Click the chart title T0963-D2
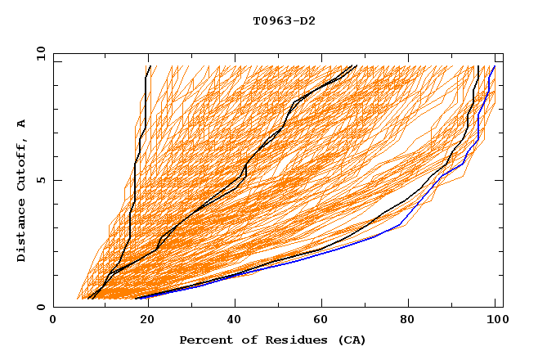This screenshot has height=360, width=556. (x=284, y=20)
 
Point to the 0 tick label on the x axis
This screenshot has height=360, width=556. (x=54, y=320)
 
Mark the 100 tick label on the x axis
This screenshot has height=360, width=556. (x=495, y=320)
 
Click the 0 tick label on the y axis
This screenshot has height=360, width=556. (x=41, y=308)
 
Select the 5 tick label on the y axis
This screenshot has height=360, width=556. (x=41, y=180)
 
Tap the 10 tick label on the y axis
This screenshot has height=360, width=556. (x=38, y=52)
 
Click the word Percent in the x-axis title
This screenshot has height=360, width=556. (x=203, y=340)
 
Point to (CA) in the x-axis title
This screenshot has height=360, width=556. (x=352, y=340)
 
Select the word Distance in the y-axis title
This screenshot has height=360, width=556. (x=22, y=232)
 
